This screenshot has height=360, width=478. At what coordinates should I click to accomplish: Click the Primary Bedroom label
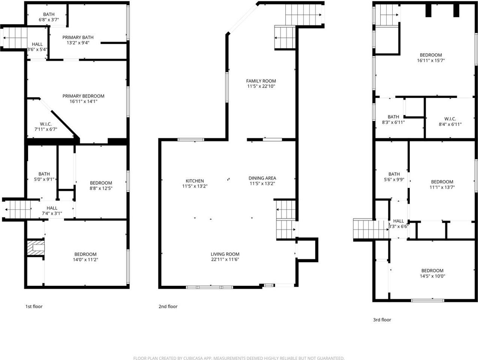tap(83, 96)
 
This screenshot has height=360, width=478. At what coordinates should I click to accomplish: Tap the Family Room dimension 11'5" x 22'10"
tap(261, 86)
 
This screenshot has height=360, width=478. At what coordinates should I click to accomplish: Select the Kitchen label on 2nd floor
tap(195, 181)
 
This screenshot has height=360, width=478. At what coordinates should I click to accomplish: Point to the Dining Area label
tap(262, 178)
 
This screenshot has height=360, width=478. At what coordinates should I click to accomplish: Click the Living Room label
tap(225, 254)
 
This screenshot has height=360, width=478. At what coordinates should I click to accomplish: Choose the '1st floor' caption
tap(34, 306)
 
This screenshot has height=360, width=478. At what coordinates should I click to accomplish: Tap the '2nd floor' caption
tap(168, 306)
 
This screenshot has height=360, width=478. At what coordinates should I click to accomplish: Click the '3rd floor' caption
tap(382, 320)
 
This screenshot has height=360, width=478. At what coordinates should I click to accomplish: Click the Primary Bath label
tap(78, 37)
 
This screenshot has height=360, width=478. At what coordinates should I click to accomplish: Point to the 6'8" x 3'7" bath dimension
tap(49, 20)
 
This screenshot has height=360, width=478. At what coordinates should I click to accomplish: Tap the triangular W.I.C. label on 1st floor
tap(46, 124)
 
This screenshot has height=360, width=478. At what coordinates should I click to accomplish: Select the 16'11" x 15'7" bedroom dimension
tap(431, 60)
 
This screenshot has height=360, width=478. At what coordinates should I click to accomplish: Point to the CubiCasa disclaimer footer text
tap(239, 358)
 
